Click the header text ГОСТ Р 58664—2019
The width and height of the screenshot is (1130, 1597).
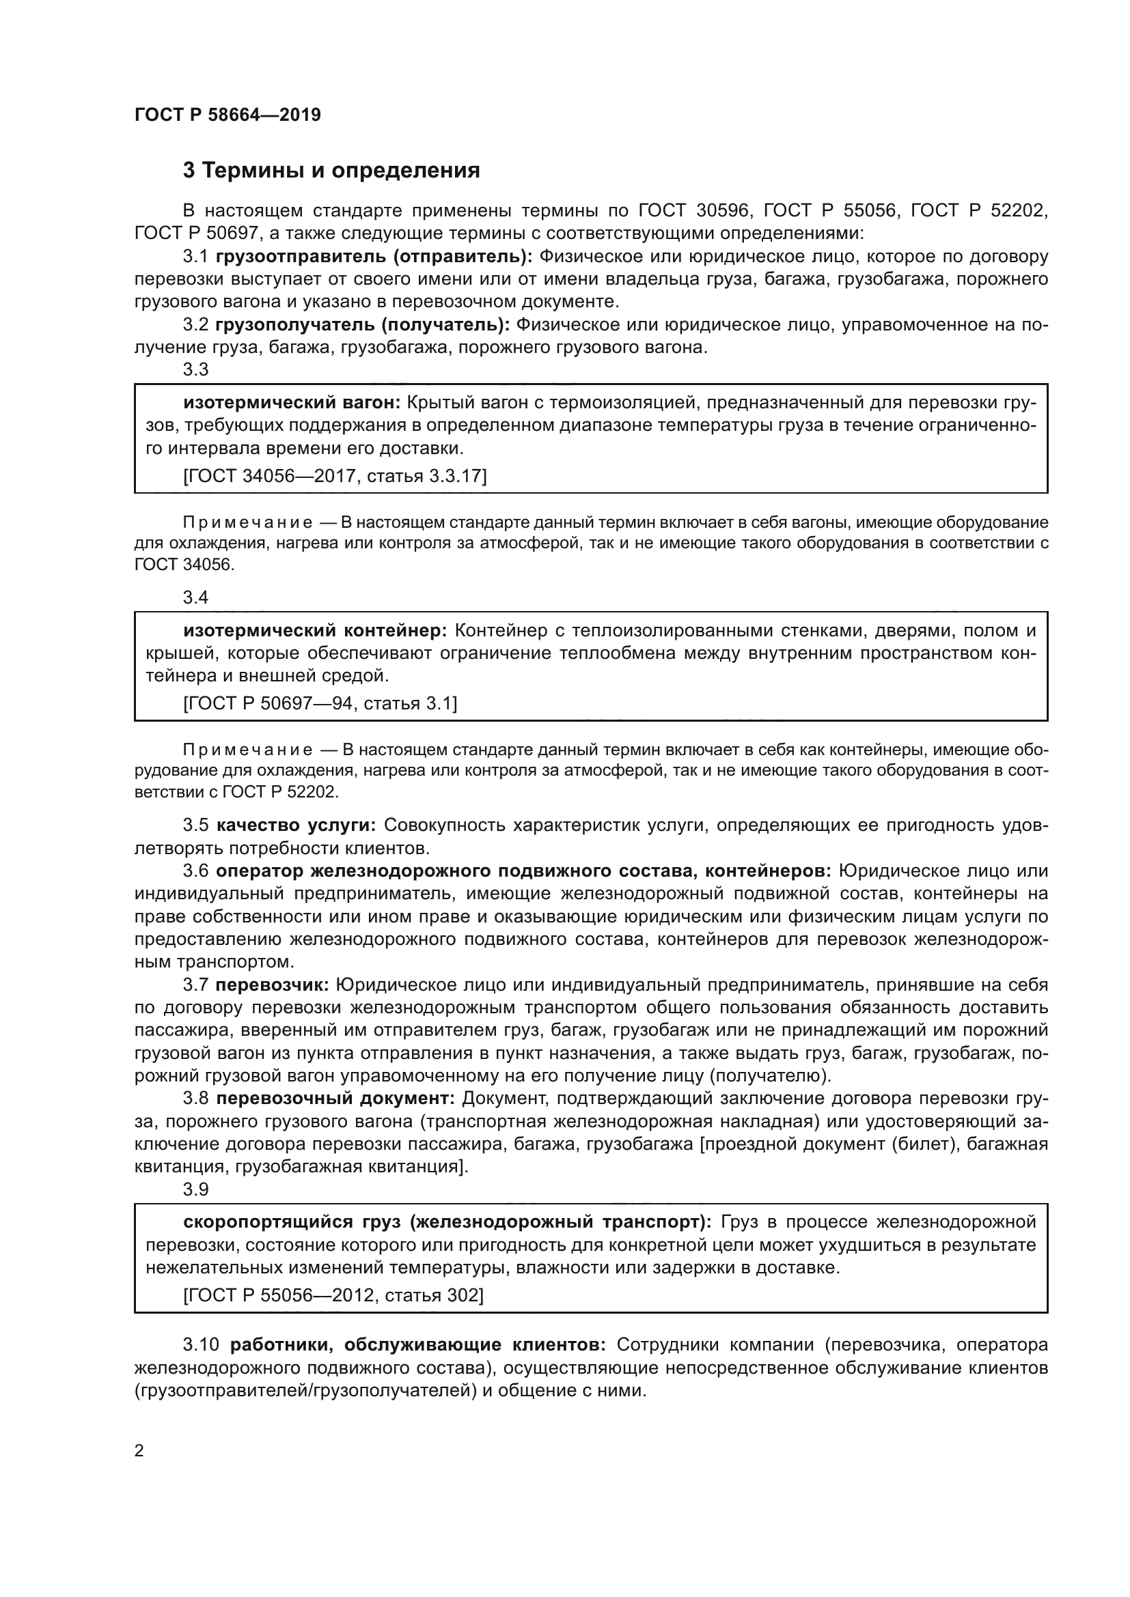pos(228,115)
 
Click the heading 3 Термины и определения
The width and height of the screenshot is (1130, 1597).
pos(331,171)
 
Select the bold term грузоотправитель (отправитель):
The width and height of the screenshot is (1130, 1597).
pos(374,257)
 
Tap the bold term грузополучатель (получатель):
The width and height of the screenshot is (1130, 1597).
pos(363,325)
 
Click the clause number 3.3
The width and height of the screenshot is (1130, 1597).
pos(195,369)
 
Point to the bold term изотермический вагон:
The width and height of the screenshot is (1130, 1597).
pos(292,403)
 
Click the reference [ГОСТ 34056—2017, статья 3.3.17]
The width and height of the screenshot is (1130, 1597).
pos(334,476)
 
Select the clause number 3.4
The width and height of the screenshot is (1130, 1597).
pos(195,597)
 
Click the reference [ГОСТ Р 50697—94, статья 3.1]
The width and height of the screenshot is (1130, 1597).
pos(320,704)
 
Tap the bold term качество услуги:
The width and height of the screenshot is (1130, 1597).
pos(297,825)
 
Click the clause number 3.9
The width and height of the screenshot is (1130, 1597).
pos(195,1190)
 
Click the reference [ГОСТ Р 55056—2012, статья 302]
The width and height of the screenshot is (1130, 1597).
pos(333,1295)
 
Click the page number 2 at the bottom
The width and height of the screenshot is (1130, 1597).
pos(139,1451)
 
